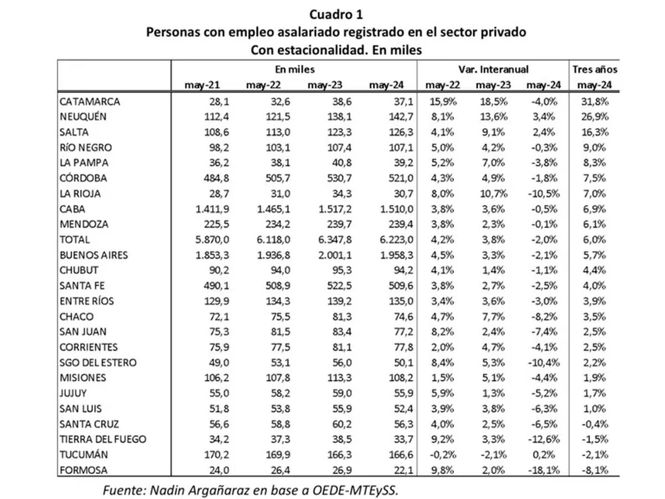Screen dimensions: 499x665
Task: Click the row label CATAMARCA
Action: coord(89,101)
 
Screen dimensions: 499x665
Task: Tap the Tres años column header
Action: coord(594,70)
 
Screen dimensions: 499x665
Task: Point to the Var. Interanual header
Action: coord(493,70)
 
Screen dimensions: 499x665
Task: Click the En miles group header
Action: coord(294,70)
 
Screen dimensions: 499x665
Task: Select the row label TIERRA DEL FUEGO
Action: coord(103,439)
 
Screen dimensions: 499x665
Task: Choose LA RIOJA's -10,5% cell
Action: coord(544,194)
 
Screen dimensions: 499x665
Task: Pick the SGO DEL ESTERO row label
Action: coord(98,363)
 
